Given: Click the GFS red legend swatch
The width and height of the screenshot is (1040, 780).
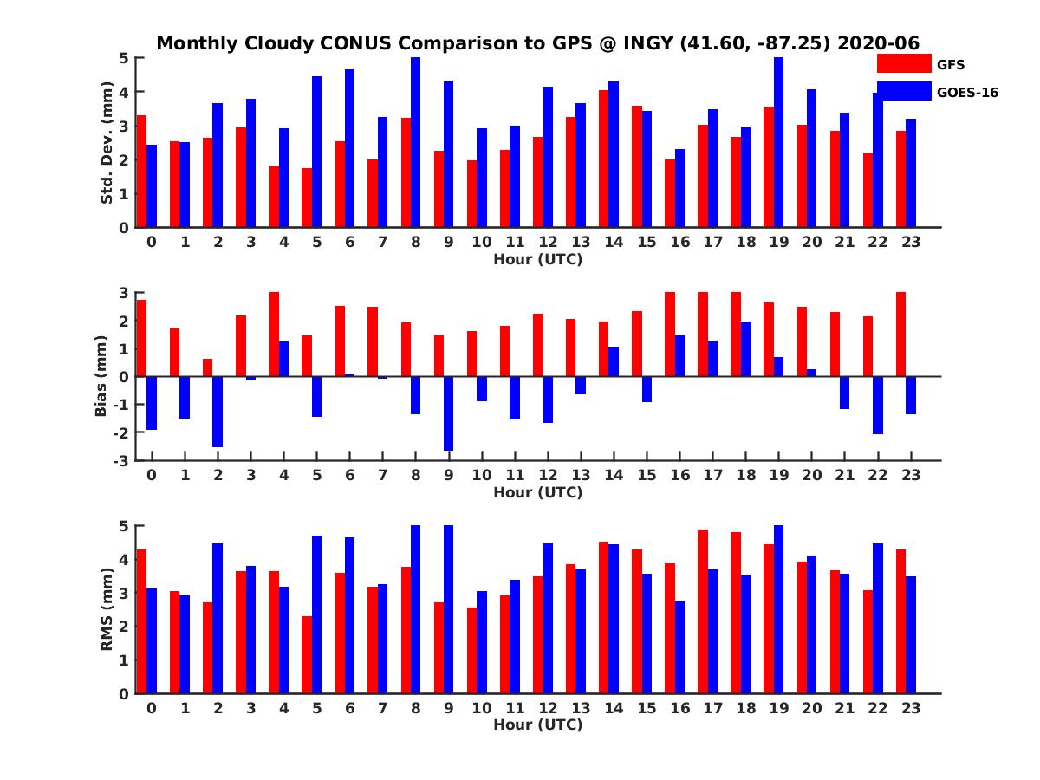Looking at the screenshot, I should pos(903,63).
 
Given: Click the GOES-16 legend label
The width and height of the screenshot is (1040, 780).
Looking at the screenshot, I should pos(967,92).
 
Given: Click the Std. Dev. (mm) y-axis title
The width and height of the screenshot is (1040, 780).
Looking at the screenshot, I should pos(107,143).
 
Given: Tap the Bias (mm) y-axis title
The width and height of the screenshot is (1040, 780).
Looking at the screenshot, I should pos(101,377).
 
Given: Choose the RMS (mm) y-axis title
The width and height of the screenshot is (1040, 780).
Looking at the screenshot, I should pos(107,610).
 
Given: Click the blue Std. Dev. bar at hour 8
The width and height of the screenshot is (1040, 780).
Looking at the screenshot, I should pos(416,143).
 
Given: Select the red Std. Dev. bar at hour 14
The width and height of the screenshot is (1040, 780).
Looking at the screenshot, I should pos(604,159).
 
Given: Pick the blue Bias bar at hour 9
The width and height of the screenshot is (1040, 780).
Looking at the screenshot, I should pos(449,413).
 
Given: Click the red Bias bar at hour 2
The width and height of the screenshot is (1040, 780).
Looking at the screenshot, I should pos(208,367).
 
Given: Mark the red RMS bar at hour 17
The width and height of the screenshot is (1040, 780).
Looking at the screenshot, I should pos(703,611).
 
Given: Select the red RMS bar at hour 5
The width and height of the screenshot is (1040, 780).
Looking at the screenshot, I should pos(307,654).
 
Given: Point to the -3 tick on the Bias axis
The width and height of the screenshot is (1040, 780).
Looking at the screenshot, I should pos(123,460).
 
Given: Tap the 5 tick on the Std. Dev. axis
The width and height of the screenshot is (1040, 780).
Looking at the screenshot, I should pos(125,58).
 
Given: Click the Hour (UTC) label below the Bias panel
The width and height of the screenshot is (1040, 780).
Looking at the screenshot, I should pos(537,492).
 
